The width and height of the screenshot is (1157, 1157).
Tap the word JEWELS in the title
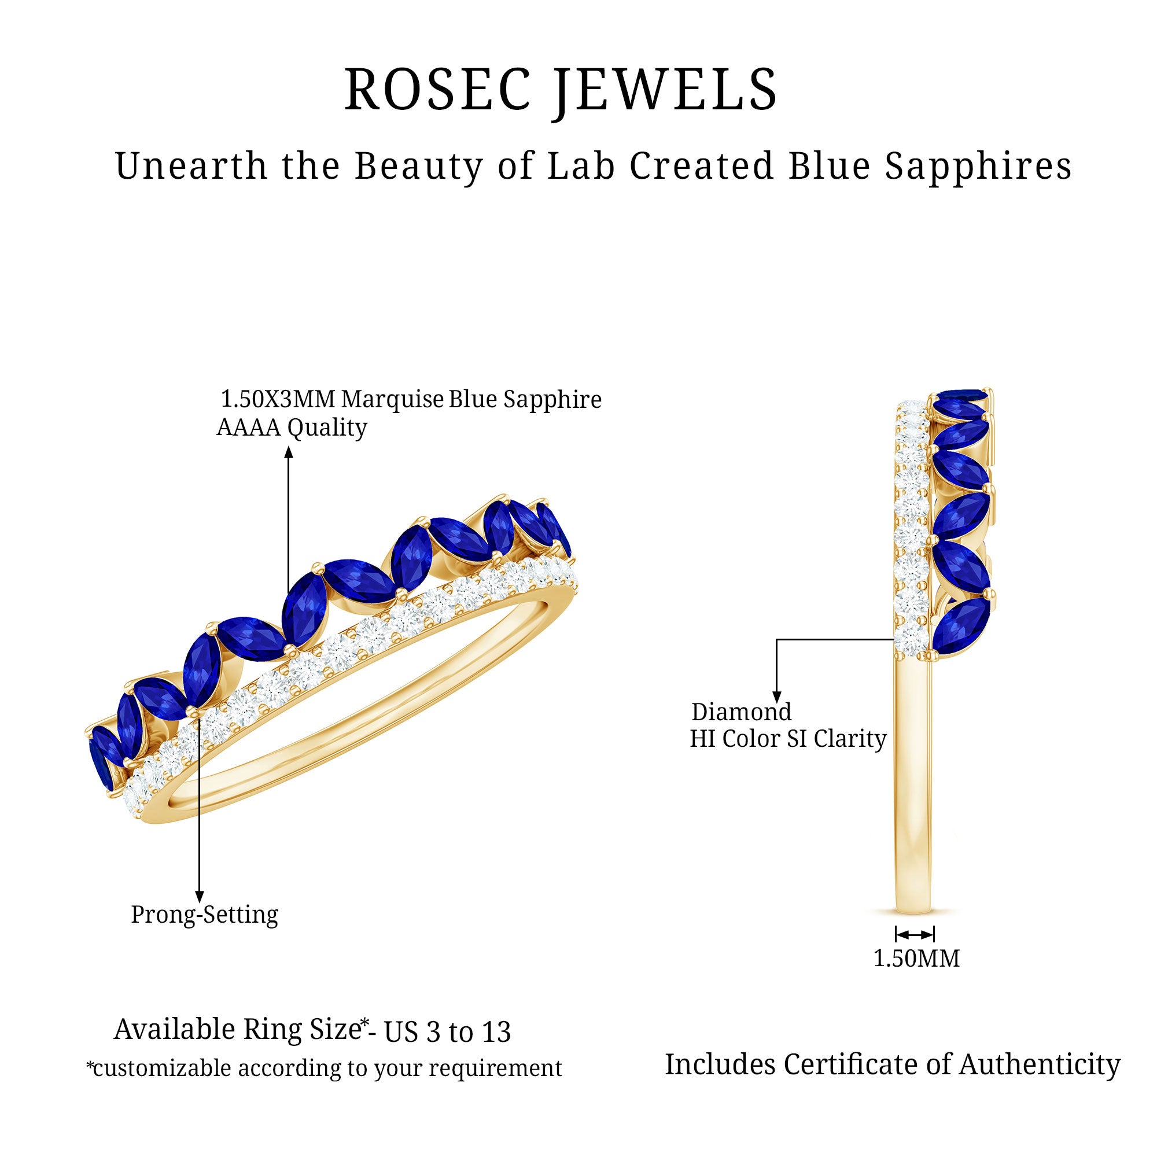[x=665, y=90]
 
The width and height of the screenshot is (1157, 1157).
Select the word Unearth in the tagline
[x=190, y=166]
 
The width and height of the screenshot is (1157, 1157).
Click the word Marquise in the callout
[x=392, y=399]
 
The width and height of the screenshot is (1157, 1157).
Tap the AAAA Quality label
[x=292, y=428]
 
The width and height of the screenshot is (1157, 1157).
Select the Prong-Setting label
[x=204, y=915]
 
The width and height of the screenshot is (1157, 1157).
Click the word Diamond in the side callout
[x=741, y=712]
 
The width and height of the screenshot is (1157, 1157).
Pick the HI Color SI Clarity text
[x=787, y=738]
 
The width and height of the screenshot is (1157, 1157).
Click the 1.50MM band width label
[x=916, y=959]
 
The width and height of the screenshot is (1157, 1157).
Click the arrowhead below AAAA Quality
[x=289, y=453]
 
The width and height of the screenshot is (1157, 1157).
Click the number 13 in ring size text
[x=494, y=1032]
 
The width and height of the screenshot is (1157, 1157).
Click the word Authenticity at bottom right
[x=1040, y=1065]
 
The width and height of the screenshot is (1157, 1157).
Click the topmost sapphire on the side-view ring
[x=962, y=396]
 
